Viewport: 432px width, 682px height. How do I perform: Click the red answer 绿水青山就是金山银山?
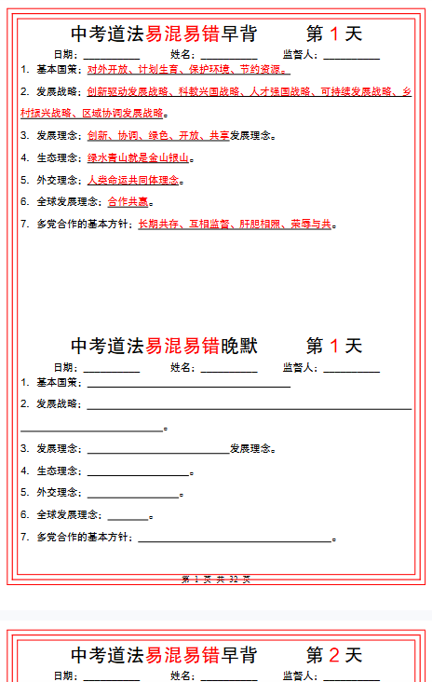pyautogui.click(x=138, y=158)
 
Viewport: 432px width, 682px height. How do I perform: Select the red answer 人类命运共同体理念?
pyautogui.click(x=134, y=180)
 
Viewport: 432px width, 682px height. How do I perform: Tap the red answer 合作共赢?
pyautogui.click(x=128, y=202)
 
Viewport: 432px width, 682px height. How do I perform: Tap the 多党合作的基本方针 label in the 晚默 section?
pyautogui.click(x=82, y=538)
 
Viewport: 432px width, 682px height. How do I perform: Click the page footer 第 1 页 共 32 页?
pyautogui.click(x=216, y=580)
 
